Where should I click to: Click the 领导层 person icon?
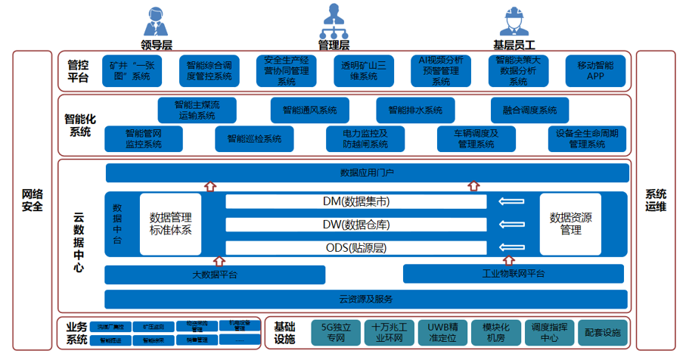point(155,20)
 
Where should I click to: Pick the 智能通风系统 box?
point(309,110)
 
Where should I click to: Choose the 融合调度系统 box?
point(529,110)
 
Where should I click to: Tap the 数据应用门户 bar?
point(366,173)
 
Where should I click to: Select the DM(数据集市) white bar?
point(356,201)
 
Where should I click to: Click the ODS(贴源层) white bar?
point(356,247)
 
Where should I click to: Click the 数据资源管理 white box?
point(571,223)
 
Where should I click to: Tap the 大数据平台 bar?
point(214,274)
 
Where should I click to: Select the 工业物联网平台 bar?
point(514,274)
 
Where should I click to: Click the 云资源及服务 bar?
point(366,299)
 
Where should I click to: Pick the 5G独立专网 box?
point(337,332)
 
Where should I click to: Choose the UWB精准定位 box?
point(443,332)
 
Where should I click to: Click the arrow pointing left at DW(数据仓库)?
point(511,225)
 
